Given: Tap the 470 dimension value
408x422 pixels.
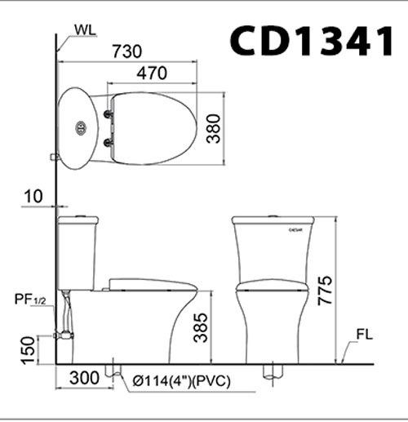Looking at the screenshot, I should click(x=151, y=73).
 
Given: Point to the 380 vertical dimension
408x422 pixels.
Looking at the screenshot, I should click(x=213, y=128).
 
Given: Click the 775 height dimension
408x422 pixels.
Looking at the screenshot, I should click(x=326, y=291).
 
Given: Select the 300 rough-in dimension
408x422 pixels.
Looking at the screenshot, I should click(x=84, y=380).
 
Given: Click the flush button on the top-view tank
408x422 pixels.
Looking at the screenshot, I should click(x=80, y=128).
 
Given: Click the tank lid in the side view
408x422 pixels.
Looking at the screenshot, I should click(x=77, y=220).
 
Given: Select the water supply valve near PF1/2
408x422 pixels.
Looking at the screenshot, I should click(x=62, y=334).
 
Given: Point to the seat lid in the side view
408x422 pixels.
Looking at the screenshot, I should click(x=152, y=283).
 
